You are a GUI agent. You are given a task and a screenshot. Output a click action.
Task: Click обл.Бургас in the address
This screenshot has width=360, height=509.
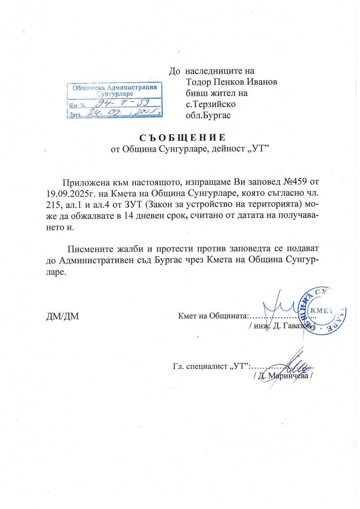coord(210,115)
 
